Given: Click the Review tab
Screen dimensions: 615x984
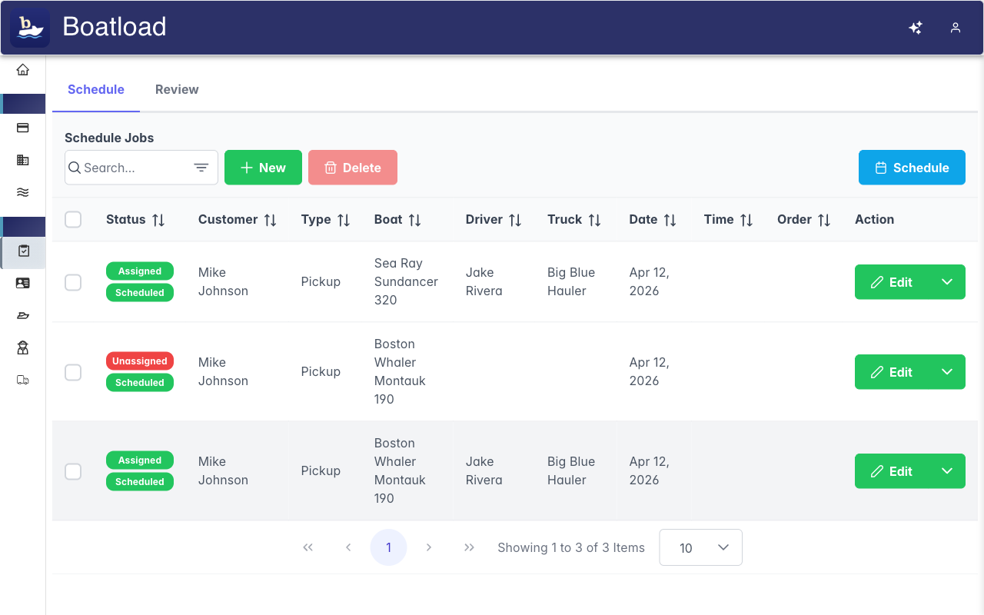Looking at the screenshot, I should click(x=177, y=89).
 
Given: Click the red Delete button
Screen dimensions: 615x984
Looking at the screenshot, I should click(x=353, y=168).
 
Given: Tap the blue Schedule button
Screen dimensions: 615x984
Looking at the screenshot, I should click(x=912, y=168).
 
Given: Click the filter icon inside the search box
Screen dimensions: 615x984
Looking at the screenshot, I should click(x=201, y=168).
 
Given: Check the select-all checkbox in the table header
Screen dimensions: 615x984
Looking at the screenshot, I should click(x=73, y=220).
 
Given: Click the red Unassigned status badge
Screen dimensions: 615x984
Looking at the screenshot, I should click(x=140, y=361).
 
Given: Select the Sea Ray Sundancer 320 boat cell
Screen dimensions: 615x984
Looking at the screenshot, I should click(x=406, y=281).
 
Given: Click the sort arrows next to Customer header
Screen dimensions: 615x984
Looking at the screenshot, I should click(x=270, y=220).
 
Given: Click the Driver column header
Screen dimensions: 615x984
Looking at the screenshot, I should click(x=484, y=220).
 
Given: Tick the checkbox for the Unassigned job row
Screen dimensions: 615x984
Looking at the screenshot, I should click(x=73, y=372).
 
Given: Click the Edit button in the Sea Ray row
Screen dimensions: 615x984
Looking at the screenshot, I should click(x=892, y=282).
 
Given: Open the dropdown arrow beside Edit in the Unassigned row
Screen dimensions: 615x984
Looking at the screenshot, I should click(x=947, y=372).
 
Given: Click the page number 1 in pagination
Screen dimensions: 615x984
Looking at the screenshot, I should click(x=388, y=547).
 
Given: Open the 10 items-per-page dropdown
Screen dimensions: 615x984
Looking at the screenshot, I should click(x=700, y=547).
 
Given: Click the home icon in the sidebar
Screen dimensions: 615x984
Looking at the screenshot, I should click(x=23, y=70).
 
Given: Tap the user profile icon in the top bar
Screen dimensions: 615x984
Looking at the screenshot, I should click(x=956, y=28).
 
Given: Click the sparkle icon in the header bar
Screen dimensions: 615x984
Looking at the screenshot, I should click(x=916, y=28).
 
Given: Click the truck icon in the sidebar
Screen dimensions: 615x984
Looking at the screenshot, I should click(x=23, y=380).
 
